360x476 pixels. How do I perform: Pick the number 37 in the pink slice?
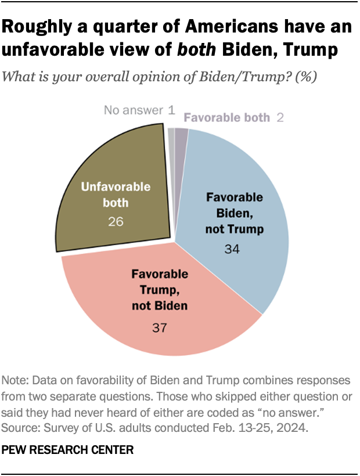[x=159, y=327]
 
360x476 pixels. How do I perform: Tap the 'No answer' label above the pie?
[x=133, y=109]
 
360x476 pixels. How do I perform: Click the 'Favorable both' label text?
[x=227, y=118]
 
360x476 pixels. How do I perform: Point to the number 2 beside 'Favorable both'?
[x=280, y=118]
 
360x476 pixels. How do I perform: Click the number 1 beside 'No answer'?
[x=171, y=109]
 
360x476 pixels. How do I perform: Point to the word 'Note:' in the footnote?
[x=17, y=381]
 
